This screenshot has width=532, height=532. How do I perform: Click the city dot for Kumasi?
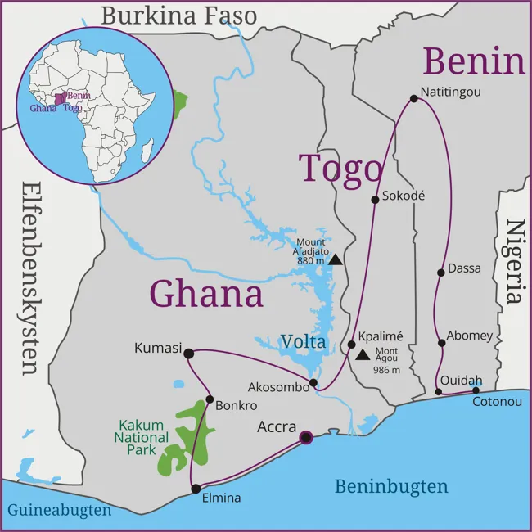[189, 354]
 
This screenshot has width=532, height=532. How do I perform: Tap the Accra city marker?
[306, 438]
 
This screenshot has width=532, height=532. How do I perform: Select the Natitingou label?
[450, 92]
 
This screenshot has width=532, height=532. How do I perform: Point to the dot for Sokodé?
[375, 198]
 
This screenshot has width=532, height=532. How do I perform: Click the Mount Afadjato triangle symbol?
[336, 260]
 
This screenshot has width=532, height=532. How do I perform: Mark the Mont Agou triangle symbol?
[362, 355]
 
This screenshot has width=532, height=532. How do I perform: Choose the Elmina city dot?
[196, 489]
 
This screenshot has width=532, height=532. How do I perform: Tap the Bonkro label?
[237, 405]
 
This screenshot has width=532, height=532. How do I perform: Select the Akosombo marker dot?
[313, 382]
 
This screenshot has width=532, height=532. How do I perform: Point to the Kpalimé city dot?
[352, 345]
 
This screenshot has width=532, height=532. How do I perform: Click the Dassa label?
[465, 268]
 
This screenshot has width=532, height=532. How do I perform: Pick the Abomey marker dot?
[441, 342]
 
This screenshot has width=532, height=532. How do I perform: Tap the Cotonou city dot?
[476, 390]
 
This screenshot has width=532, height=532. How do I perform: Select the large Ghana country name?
[206, 293]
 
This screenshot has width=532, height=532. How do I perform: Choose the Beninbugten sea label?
[391, 487]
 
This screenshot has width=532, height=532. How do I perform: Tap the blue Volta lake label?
[304, 341]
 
